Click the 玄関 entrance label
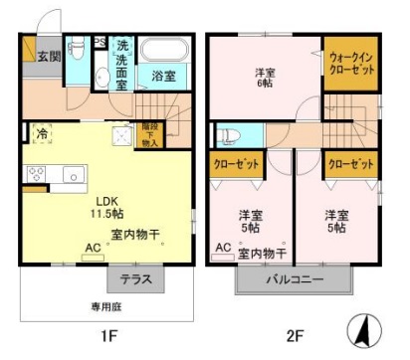[x=49, y=56]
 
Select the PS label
[x=100, y=43]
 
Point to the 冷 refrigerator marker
[x=43, y=131]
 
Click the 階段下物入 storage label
[x=149, y=135]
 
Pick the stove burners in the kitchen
[x=35, y=175]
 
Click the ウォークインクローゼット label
[x=351, y=66]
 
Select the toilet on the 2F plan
[x=227, y=136]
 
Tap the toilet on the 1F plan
[x=78, y=47]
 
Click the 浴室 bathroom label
[x=163, y=75]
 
